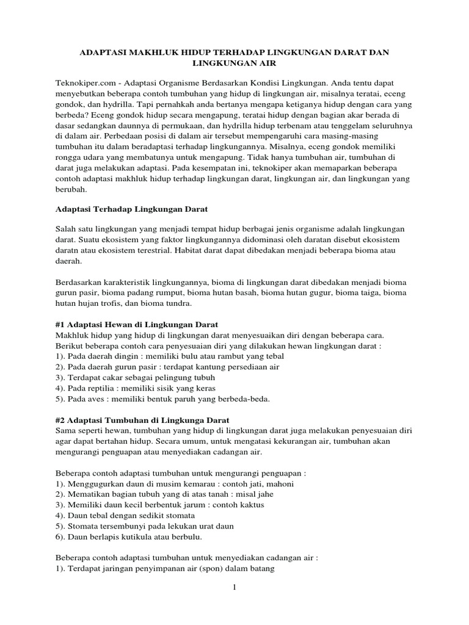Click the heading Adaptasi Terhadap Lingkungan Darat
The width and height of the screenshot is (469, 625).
pos(128,209)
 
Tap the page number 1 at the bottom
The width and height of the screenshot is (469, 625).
pos(234,588)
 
